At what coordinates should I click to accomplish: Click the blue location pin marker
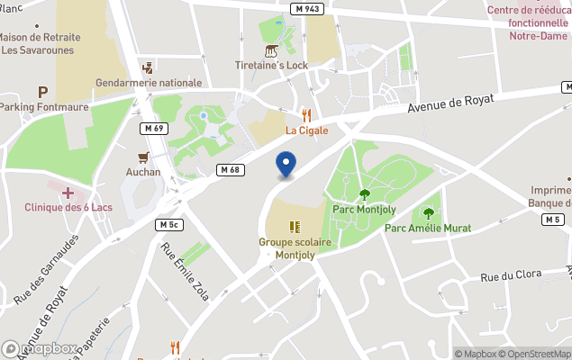click(x=286, y=165)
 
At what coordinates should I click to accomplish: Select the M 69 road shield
click(x=151, y=129)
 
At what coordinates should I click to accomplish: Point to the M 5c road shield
click(x=168, y=223)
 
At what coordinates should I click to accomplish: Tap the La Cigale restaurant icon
click(x=306, y=114)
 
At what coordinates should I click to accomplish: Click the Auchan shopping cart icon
click(x=142, y=157)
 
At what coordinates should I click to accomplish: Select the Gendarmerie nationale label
click(x=149, y=83)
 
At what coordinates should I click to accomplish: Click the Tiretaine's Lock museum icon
click(x=271, y=50)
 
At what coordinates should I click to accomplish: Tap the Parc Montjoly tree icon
click(x=364, y=193)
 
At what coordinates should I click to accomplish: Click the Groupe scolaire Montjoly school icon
click(x=295, y=227)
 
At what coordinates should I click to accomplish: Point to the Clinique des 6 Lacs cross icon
click(x=68, y=193)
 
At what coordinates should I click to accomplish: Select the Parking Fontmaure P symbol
click(x=41, y=91)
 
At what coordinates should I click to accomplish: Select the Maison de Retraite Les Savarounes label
click(x=40, y=44)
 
